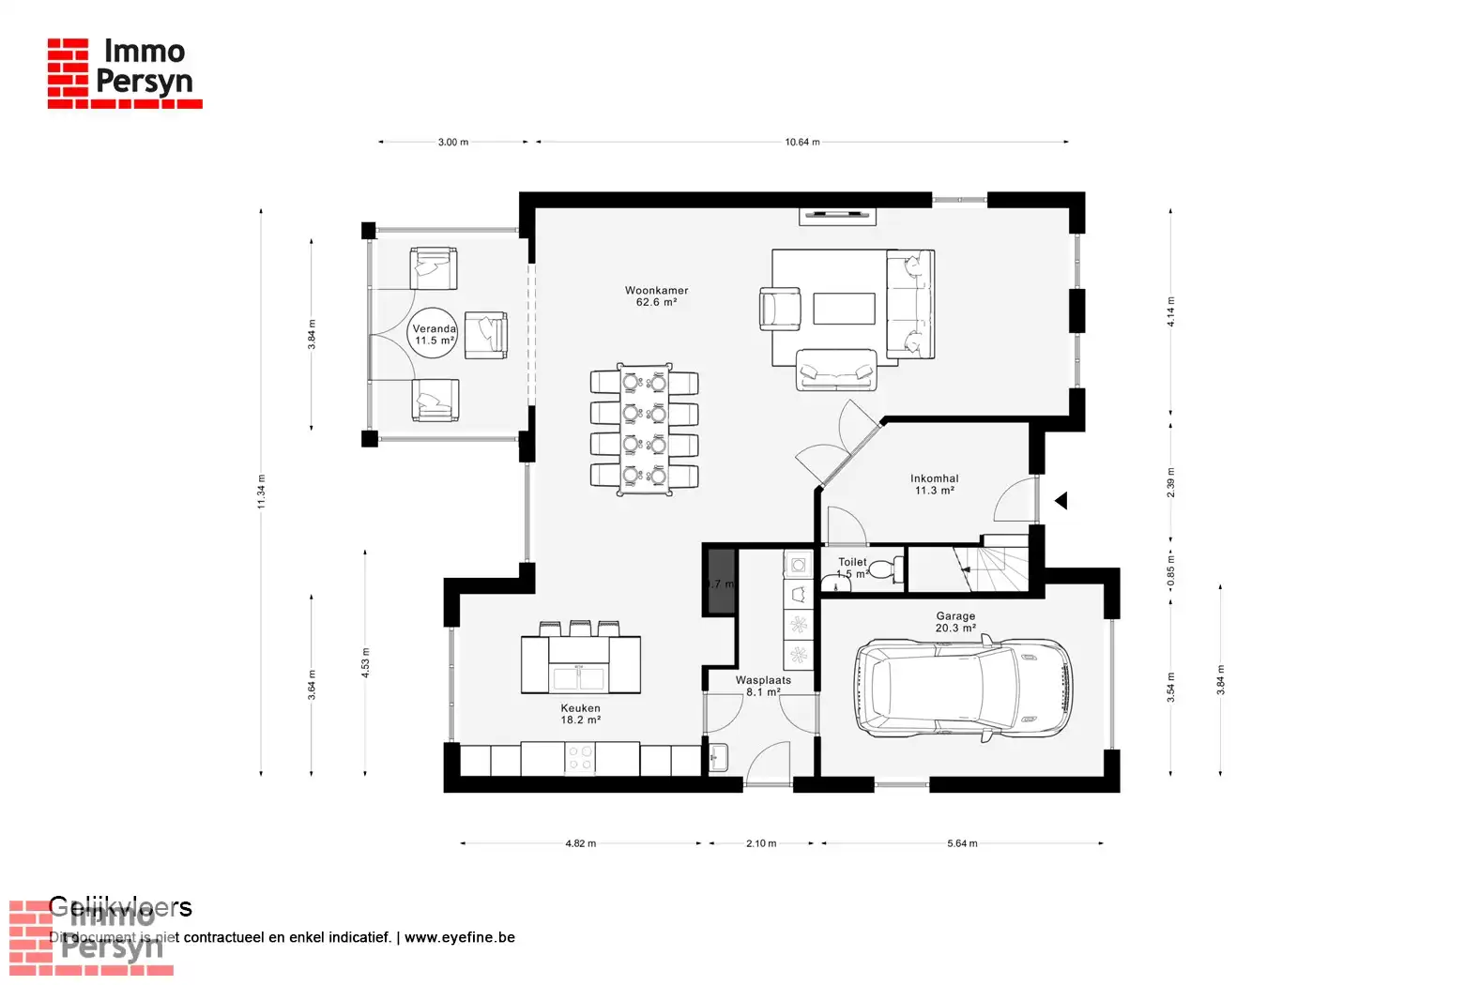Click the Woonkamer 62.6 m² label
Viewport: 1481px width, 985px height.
pos(656,296)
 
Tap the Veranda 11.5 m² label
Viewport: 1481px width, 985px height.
pos(435,335)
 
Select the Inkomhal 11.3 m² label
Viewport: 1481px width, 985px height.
pos(934,484)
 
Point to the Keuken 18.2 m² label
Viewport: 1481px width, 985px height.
pos(580,715)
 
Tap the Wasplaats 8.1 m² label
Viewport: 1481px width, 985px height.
pos(763,686)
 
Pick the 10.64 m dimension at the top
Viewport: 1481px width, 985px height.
pos(802,143)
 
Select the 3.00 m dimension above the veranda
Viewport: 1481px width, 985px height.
pos(452,143)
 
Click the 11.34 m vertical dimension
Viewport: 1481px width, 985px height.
pos(262,492)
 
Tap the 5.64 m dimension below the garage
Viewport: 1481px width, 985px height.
pos(962,843)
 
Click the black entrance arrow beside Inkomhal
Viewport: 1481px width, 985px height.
pos(1061,501)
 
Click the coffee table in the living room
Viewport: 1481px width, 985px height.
pos(844,309)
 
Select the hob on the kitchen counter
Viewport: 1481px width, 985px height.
pos(580,758)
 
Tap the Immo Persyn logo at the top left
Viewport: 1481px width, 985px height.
pos(124,72)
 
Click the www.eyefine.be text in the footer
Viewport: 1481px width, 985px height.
pos(460,937)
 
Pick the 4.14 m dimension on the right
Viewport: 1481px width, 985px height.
pos(1170,311)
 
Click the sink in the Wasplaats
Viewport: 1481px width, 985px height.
pos(720,757)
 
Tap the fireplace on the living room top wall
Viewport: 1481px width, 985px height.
pos(838,215)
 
